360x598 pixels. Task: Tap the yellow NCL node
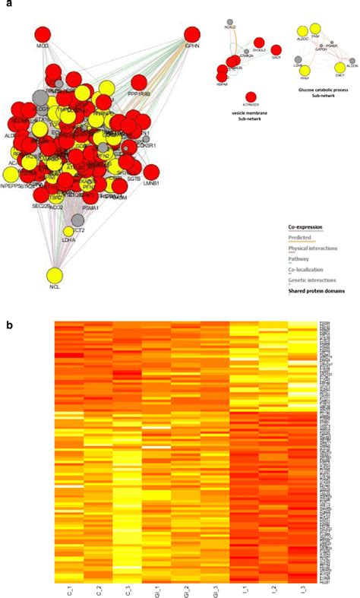(55, 277)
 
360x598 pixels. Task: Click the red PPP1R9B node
(139, 83)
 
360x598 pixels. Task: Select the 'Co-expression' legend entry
(305, 227)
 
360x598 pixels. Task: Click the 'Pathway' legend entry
(298, 259)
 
